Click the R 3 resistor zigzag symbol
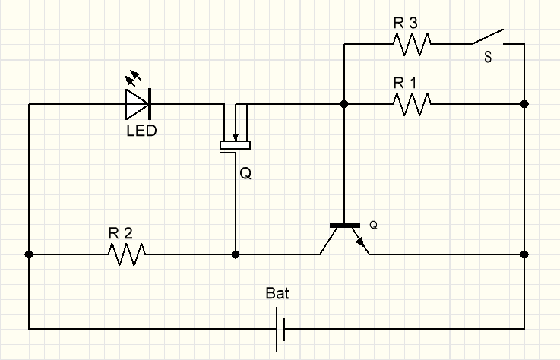[x=412, y=44]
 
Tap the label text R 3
[x=405, y=23]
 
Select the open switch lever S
[x=487, y=37]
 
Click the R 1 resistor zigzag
[x=412, y=103]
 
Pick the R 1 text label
[x=405, y=82]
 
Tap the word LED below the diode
[x=141, y=131]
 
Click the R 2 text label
[x=120, y=233]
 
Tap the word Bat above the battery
[x=277, y=293]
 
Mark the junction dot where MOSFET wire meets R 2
[x=236, y=254]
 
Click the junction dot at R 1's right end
[x=524, y=103]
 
